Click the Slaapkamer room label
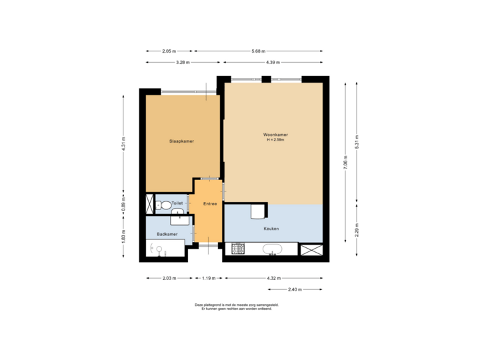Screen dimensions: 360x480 pos(181,141)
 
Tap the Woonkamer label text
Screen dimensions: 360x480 pos(275,135)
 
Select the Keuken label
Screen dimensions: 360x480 pos(271,229)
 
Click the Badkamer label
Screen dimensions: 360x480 pos(167,235)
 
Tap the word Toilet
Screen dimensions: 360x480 pos(177,203)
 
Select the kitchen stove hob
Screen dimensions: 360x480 pos(239,250)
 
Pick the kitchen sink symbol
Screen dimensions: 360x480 pos(273,250)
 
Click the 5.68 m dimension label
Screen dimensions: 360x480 pos(259,51)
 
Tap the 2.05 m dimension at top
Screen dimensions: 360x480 pos(169,51)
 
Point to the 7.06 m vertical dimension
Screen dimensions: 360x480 pos(345,167)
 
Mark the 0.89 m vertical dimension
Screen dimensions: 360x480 pos(123,204)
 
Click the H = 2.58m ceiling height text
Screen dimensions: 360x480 pos(275,140)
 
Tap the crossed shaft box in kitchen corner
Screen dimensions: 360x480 pos(311,250)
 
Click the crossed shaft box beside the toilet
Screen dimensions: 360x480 pos(149,203)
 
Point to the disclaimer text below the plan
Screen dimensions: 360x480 pos(237,307)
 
